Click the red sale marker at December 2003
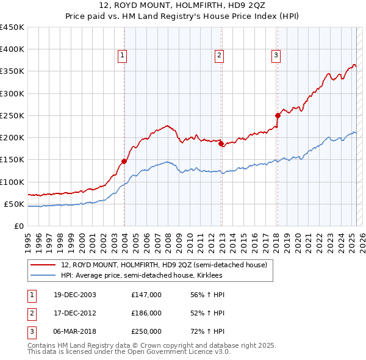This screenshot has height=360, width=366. click(x=124, y=161)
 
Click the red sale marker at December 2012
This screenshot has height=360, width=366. click(x=221, y=144)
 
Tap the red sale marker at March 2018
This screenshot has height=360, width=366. click(x=277, y=115)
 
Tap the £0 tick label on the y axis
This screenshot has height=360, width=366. click(x=19, y=226)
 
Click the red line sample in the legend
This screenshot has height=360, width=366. click(x=43, y=265)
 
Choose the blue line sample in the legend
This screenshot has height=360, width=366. click(x=43, y=276)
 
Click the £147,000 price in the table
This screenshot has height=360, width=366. click(x=146, y=295)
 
